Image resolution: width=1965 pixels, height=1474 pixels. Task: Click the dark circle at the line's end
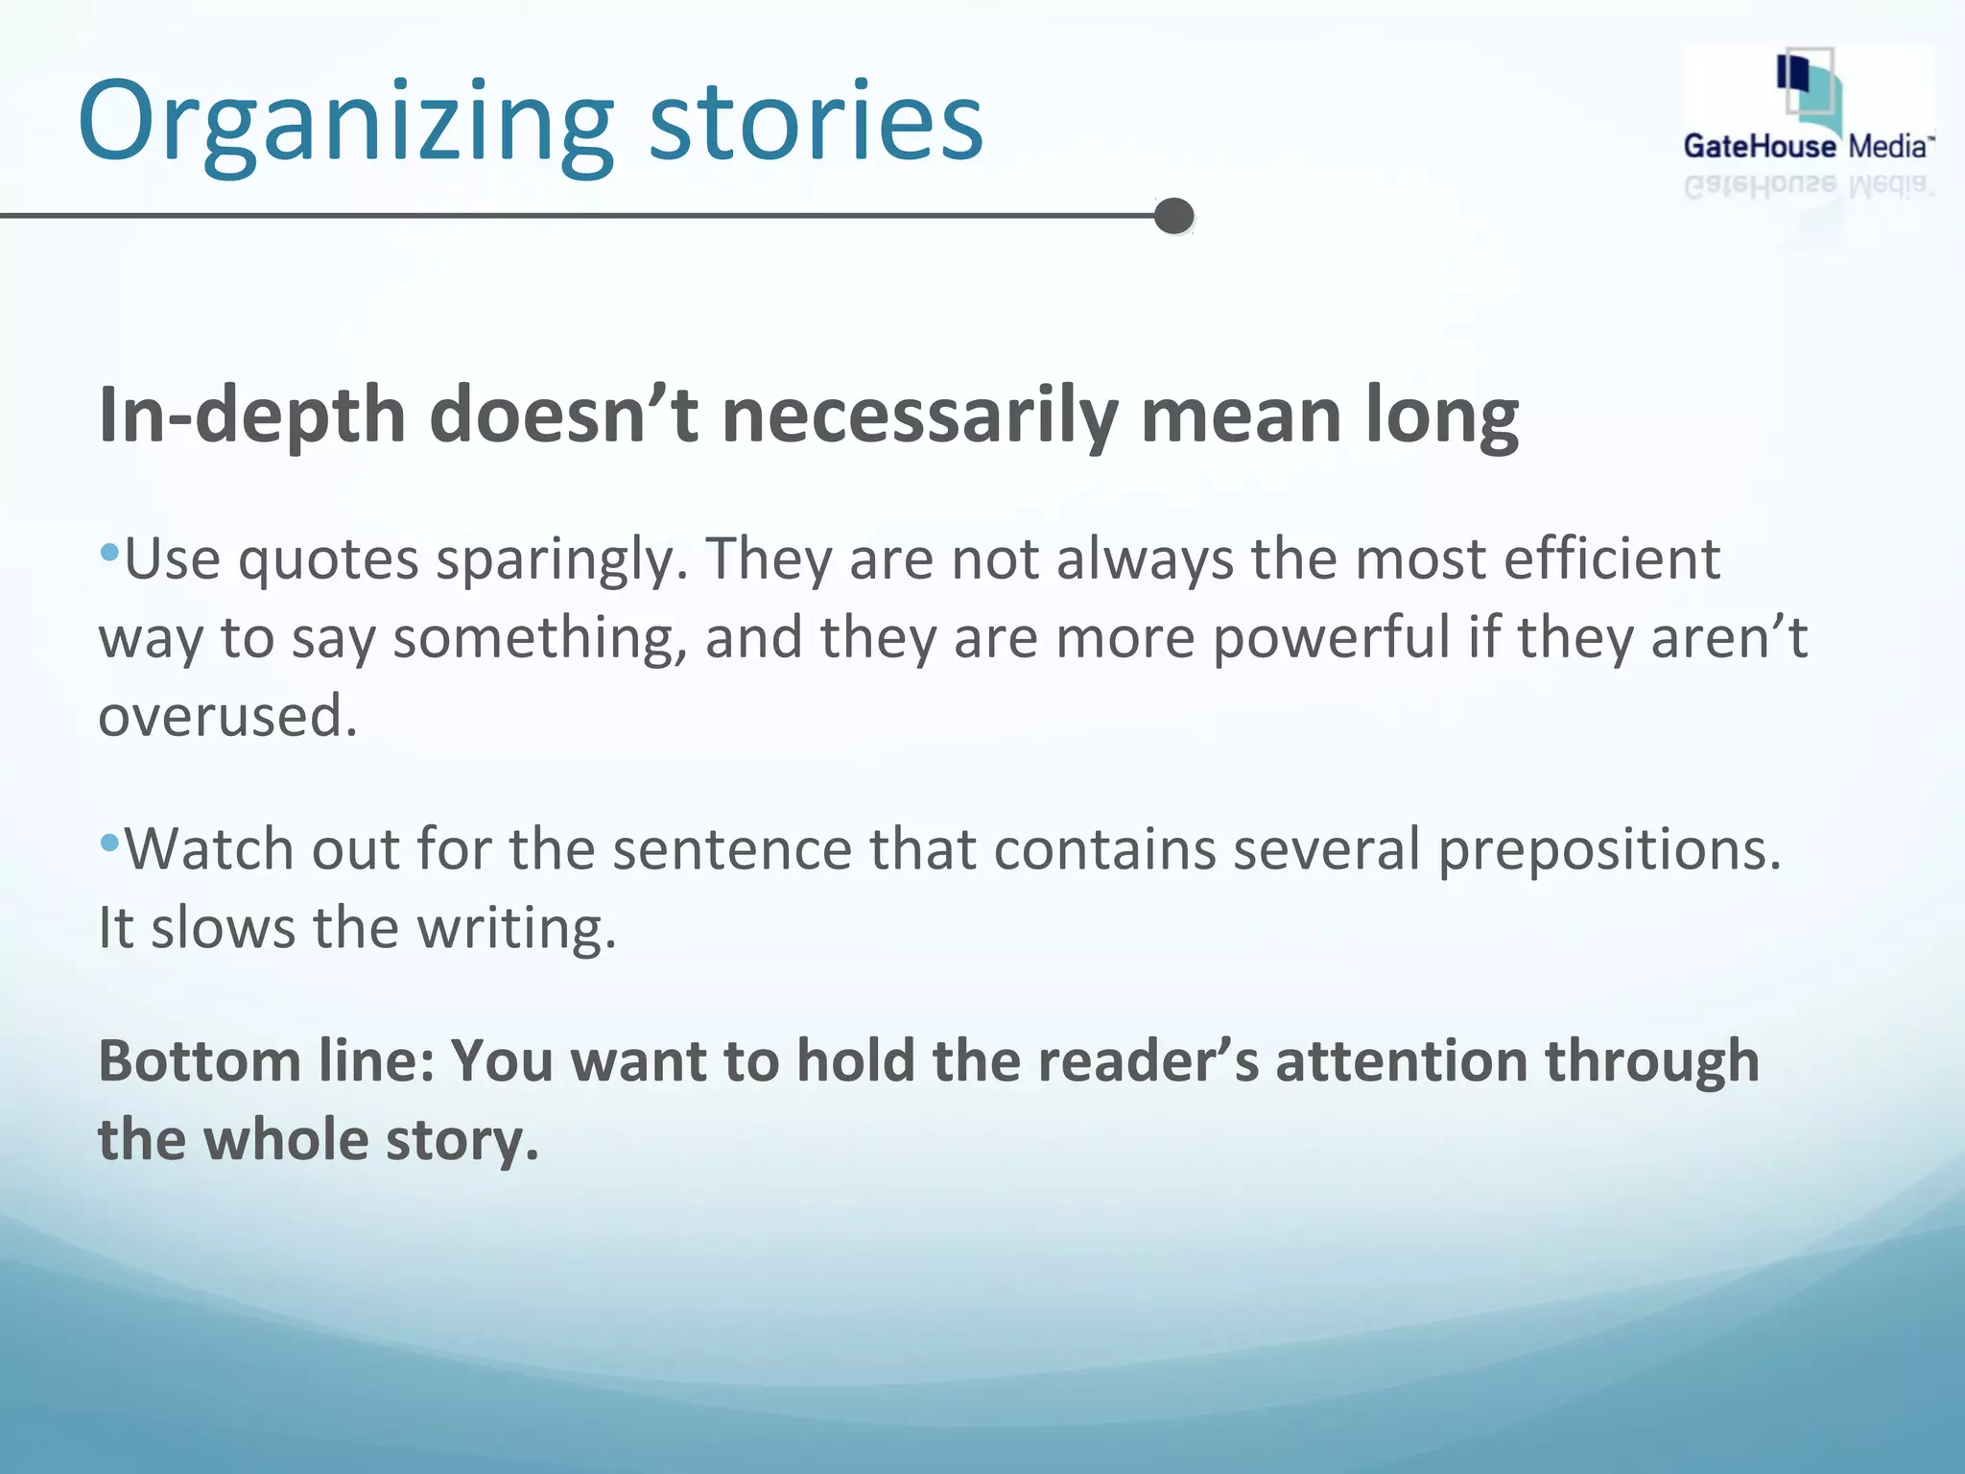1173,216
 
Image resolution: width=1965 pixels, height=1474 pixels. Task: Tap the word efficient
1612,559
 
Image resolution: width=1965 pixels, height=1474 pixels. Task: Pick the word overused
227,717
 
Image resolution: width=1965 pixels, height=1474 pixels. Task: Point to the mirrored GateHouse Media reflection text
1808,185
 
